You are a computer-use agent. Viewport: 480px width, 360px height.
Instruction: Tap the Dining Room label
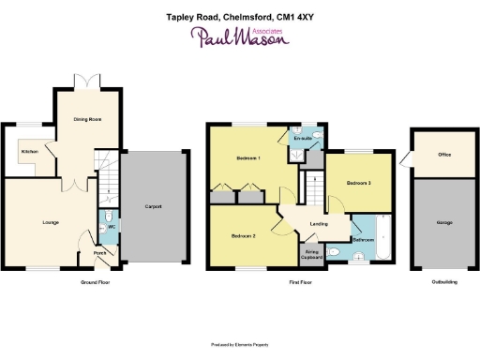click(x=87, y=119)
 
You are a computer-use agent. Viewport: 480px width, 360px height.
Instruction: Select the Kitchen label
click(x=28, y=151)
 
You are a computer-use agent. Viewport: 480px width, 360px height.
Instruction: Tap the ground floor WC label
click(x=112, y=226)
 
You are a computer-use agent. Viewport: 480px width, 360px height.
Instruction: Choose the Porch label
click(x=99, y=252)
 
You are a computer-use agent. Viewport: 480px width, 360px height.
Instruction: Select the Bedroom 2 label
click(x=244, y=236)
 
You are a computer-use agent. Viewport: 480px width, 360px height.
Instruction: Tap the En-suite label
click(x=302, y=139)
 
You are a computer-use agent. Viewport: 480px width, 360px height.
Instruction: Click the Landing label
click(x=319, y=224)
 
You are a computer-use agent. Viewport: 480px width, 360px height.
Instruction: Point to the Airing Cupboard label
click(x=312, y=253)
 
